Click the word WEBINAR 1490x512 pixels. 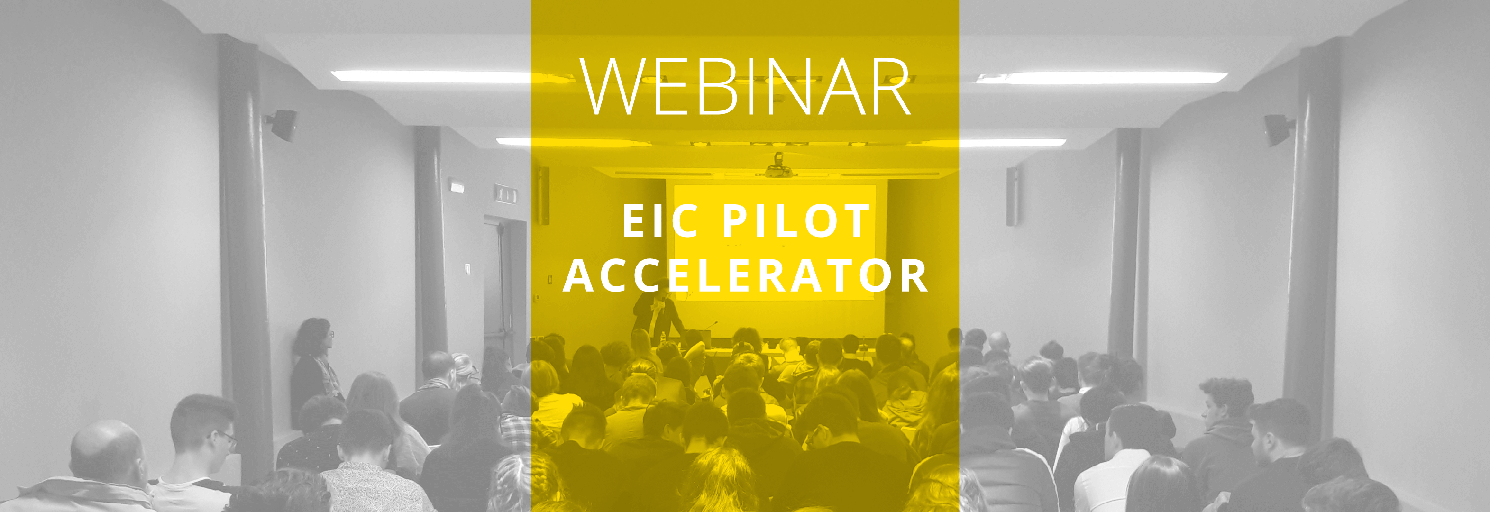(x=746, y=86)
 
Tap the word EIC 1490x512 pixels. (x=660, y=220)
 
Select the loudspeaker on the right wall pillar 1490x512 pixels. (x=1277, y=129)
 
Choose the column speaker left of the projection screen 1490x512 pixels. (x=544, y=195)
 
